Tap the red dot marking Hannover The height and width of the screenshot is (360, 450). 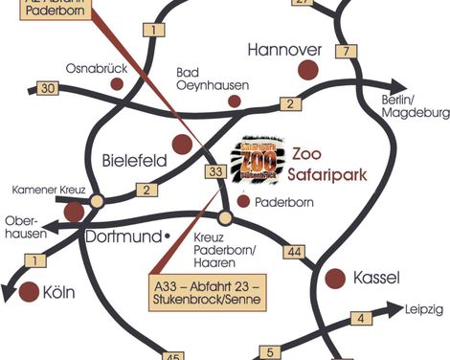click(308, 69)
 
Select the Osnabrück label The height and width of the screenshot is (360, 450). click(96, 69)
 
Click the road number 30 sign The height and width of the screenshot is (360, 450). click(49, 89)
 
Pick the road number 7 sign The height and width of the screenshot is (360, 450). click(344, 51)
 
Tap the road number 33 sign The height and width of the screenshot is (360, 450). click(217, 172)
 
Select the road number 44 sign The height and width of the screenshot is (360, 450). click(296, 251)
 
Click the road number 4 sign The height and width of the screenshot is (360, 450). click(360, 319)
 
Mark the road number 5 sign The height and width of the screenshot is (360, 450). click(267, 351)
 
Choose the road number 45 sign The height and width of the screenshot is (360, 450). click(172, 353)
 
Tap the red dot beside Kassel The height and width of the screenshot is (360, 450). click(335, 278)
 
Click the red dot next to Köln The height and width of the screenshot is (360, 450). click(29, 290)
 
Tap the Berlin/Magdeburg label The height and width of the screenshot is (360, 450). click(415, 106)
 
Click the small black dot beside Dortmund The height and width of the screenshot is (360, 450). click(167, 235)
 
